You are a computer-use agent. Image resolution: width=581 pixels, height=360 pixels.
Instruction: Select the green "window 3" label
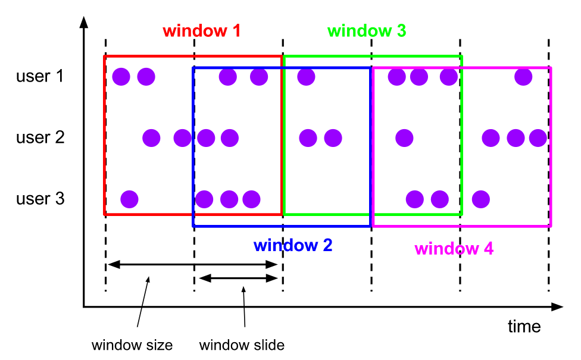coord(366,31)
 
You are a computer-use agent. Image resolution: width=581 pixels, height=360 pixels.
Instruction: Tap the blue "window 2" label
coord(292,245)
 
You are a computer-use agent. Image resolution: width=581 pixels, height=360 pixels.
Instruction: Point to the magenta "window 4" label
coord(454,248)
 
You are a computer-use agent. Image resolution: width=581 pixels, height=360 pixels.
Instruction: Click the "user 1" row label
coord(40,76)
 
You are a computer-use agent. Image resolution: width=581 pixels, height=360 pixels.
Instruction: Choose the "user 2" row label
coord(40,138)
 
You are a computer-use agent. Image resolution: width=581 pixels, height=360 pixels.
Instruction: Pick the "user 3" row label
coord(40,198)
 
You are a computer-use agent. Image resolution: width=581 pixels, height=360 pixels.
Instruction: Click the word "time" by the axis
coord(524,326)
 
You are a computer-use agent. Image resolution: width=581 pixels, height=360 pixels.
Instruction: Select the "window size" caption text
coord(132,345)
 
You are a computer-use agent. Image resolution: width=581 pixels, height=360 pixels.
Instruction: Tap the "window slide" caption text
coord(242,345)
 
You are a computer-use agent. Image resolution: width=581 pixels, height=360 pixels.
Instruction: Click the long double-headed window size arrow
coord(192,264)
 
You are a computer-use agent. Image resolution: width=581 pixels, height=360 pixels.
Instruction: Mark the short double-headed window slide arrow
coord(238,278)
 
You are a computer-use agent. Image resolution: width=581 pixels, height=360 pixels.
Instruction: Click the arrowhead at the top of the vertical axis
coord(84,23)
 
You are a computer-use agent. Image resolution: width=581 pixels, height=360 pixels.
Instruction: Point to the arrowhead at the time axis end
coord(557,307)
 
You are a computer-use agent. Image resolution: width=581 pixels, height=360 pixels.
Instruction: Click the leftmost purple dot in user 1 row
coord(121,76)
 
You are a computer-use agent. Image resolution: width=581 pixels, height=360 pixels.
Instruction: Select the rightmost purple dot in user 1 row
coord(523,76)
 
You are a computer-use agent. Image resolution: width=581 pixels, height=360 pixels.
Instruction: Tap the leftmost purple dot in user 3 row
coord(129,198)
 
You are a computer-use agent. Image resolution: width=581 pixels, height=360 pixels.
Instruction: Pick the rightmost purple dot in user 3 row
coord(480,198)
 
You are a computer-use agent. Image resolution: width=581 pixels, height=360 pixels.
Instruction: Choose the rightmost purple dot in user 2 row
coord(538,138)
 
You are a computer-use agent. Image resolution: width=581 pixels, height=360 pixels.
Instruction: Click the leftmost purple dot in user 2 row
coord(151,138)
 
